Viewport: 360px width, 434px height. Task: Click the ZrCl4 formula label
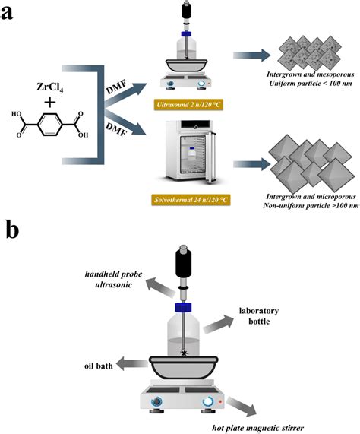(x=50, y=87)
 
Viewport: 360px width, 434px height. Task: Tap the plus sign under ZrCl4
(x=50, y=103)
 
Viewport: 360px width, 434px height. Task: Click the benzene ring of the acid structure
(x=50, y=125)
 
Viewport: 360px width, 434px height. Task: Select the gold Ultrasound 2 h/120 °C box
(x=188, y=105)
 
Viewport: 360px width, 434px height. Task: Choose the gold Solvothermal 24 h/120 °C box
(x=191, y=200)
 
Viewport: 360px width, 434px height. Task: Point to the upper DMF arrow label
(x=116, y=87)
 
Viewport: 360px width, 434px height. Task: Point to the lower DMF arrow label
(x=116, y=129)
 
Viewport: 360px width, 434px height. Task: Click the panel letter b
(x=12, y=230)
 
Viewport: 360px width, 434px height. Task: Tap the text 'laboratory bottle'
(x=259, y=316)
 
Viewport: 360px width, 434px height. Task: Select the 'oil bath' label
(x=99, y=366)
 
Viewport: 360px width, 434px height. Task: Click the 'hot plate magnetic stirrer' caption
(x=257, y=428)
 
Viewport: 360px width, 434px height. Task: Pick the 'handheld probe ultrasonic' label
(x=114, y=279)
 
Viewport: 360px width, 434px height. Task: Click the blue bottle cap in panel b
(x=183, y=308)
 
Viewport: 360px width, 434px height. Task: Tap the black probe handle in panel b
(x=183, y=261)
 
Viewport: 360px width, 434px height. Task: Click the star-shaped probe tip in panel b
(x=183, y=353)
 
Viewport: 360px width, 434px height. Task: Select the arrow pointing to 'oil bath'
(x=132, y=364)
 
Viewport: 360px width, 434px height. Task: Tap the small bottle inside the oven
(x=192, y=154)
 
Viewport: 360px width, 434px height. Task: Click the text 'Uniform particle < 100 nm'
(x=311, y=83)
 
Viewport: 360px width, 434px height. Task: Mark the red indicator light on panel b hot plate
(x=220, y=401)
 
